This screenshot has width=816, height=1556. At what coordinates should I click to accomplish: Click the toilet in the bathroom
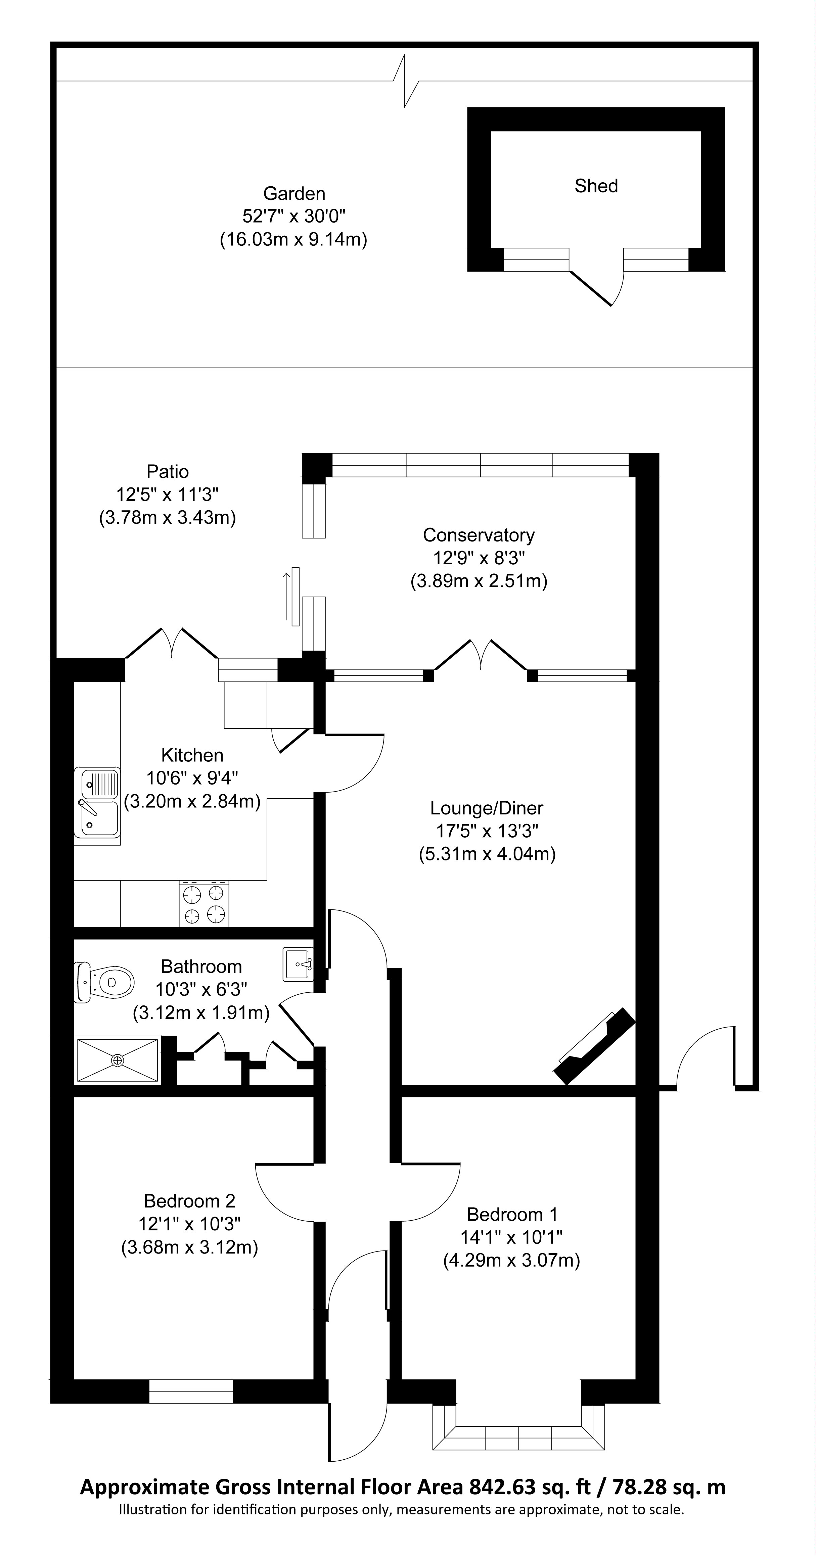pos(103,983)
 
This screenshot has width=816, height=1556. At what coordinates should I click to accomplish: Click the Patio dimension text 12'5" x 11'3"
pos(167,494)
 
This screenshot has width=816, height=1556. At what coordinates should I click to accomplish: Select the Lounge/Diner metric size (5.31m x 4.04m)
pos(487,854)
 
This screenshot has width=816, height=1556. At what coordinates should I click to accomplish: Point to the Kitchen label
pos(192,755)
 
